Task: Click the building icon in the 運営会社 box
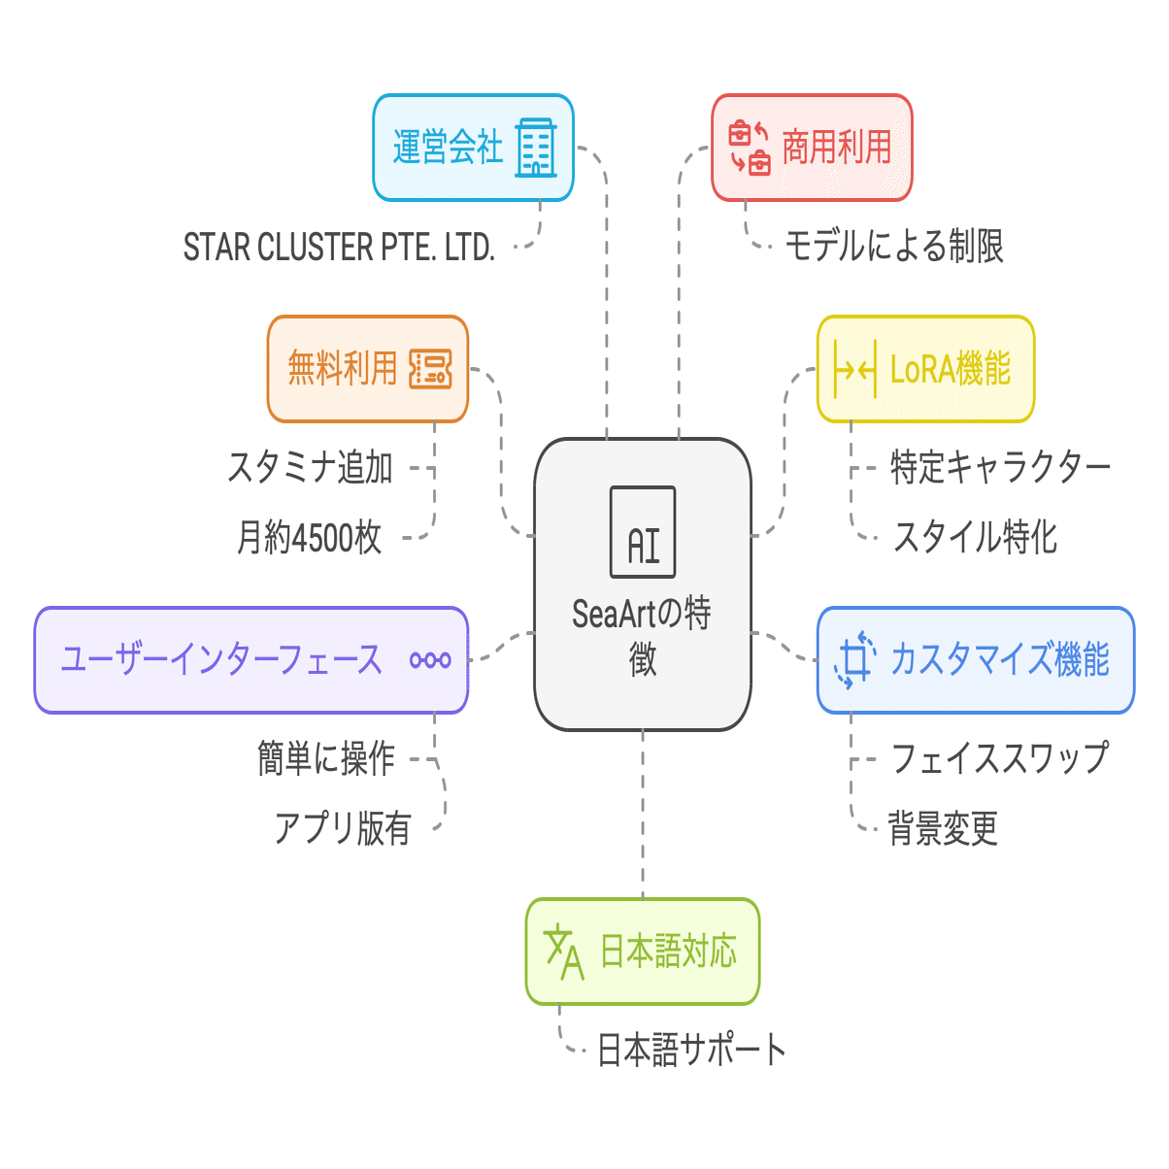[536, 148]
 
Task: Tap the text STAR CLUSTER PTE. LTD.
[339, 248]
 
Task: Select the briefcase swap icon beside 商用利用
[750, 148]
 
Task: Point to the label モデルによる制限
[893, 247]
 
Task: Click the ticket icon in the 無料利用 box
[430, 369]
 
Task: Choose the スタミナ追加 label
[311, 468]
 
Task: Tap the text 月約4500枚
[310, 537]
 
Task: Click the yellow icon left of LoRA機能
[855, 370]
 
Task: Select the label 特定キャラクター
[1000, 468]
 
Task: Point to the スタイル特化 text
[975, 537]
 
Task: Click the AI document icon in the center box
[643, 532]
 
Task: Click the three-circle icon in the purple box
[430, 660]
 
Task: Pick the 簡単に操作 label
[326, 759]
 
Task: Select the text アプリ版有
[343, 828]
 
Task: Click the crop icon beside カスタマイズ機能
[854, 660]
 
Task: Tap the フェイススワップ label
[999, 759]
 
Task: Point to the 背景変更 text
[943, 828]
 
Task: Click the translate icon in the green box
[564, 952]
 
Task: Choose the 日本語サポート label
[690, 1051]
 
